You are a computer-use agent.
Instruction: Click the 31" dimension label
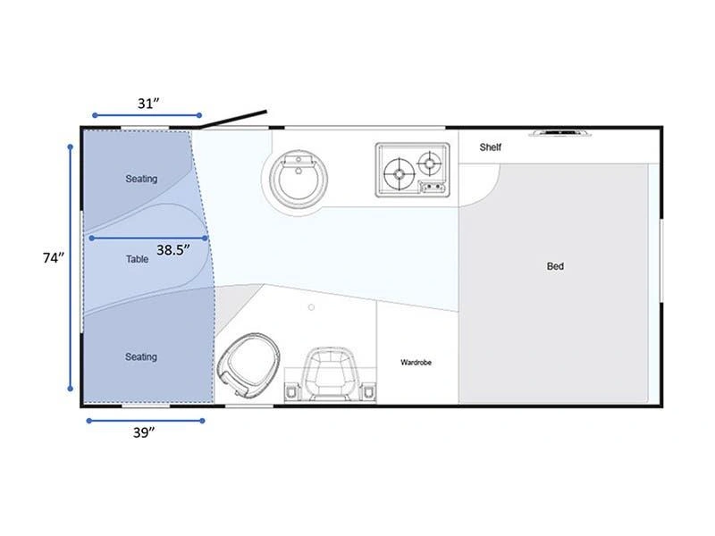coord(148,104)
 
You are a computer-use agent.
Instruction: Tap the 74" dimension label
coord(54,258)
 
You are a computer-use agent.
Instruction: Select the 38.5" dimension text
coord(173,250)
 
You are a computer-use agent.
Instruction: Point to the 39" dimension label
coord(144,432)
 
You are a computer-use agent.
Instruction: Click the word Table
coord(138,259)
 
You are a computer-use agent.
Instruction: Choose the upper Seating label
coord(141,179)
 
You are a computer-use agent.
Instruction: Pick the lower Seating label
coord(141,356)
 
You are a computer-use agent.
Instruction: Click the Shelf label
coord(490,147)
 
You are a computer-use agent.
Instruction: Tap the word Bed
coord(555,266)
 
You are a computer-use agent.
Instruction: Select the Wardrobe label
coord(416,363)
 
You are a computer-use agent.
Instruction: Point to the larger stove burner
coord(399,173)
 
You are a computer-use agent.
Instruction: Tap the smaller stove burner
coord(430,163)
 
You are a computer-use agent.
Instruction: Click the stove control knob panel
coord(433,187)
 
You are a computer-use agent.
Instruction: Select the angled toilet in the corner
coord(248,364)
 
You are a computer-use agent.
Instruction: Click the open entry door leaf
coord(233,119)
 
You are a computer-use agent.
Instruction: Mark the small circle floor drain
coord(311,307)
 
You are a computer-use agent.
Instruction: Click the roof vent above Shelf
coord(560,132)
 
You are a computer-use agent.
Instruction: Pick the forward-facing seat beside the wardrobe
coord(330,374)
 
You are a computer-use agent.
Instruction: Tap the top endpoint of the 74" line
coord(71,147)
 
